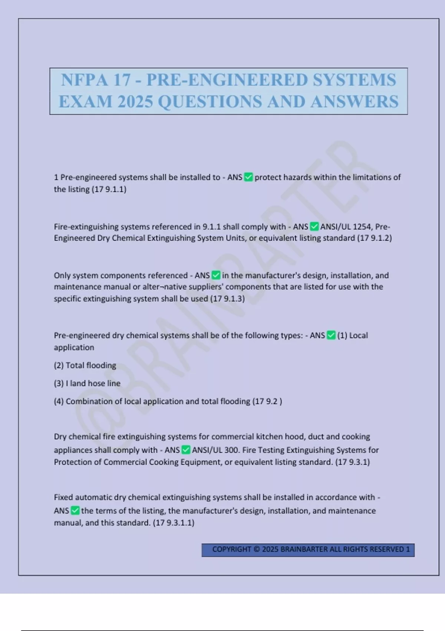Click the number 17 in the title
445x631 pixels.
click(122, 80)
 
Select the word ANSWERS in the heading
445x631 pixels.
click(355, 102)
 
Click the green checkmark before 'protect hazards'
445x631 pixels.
click(248, 177)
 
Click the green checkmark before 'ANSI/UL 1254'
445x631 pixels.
click(314, 226)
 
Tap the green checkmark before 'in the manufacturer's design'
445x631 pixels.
click(216, 275)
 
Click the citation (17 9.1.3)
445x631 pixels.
click(227, 299)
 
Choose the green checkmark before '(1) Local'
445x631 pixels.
click(331, 336)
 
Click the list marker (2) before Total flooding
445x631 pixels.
click(59, 366)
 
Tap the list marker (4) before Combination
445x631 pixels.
click(59, 401)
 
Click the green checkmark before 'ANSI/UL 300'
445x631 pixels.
click(186, 450)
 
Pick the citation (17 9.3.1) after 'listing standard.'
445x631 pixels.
click(352, 462)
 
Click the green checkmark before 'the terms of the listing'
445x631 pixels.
click(75, 511)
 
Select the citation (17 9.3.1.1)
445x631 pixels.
click(174, 523)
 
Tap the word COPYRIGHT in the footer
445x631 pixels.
click(231, 549)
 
